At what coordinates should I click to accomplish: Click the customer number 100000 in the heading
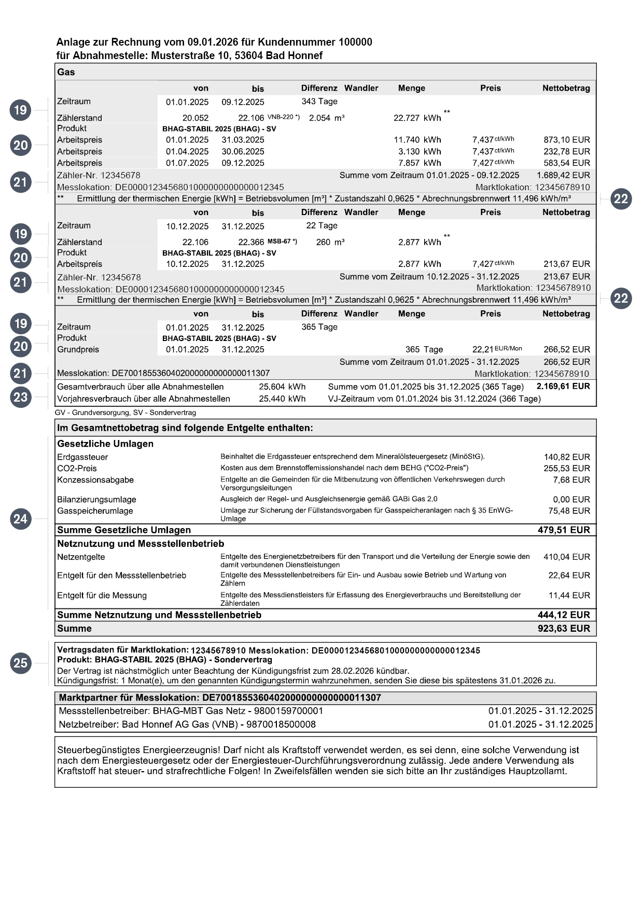(x=355, y=42)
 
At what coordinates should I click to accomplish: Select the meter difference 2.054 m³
(x=327, y=118)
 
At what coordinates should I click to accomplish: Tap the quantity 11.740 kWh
(x=417, y=140)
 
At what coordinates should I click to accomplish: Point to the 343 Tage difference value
(x=319, y=102)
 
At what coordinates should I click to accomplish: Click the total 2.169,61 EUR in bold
(x=563, y=387)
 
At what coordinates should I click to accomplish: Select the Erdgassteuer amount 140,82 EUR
(x=567, y=457)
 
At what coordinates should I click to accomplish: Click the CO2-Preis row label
(x=77, y=468)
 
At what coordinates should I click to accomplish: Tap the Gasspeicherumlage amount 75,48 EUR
(x=569, y=511)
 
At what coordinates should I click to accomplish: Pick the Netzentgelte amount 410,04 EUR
(x=566, y=557)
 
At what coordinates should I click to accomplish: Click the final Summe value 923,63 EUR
(x=564, y=629)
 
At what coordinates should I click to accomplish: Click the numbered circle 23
(x=20, y=397)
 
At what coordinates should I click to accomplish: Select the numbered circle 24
(x=20, y=519)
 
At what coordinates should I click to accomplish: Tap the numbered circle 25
(x=20, y=663)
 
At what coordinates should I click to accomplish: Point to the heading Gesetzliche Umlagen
(x=105, y=444)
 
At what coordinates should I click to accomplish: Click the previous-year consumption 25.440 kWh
(x=282, y=399)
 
